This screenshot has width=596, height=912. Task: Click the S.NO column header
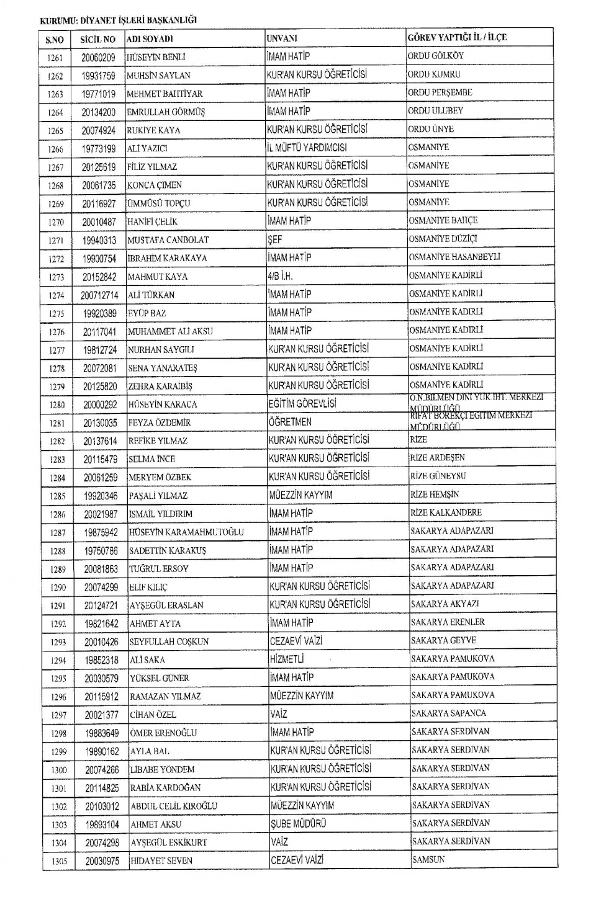(x=55, y=40)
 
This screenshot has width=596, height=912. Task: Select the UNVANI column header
(x=282, y=38)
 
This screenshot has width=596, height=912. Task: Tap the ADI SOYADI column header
(x=150, y=39)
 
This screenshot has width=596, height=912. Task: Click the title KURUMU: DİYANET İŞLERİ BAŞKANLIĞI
(x=118, y=20)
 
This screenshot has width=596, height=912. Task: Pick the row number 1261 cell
(x=55, y=58)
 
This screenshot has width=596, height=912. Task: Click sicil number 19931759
(x=98, y=76)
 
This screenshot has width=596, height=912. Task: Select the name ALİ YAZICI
(x=147, y=149)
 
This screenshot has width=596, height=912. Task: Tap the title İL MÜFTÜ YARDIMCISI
(x=307, y=148)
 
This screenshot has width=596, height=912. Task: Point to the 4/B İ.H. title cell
(x=280, y=276)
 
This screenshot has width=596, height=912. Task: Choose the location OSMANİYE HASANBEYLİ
(x=454, y=257)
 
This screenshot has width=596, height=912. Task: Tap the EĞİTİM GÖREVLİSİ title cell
(x=302, y=404)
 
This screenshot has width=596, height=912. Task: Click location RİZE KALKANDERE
(x=446, y=513)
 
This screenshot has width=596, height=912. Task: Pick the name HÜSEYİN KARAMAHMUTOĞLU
(x=186, y=532)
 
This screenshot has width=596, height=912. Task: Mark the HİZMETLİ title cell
(x=287, y=659)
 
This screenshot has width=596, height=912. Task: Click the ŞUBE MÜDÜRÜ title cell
(x=298, y=823)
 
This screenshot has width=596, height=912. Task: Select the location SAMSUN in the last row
(x=428, y=860)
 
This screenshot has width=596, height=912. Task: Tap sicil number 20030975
(x=102, y=861)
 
